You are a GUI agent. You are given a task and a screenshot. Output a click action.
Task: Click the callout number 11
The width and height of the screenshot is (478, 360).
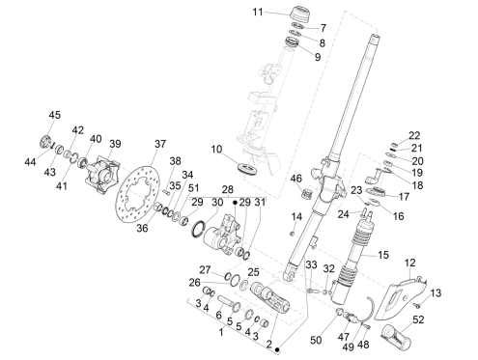257,12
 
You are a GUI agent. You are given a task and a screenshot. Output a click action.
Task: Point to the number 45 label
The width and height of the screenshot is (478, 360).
53,116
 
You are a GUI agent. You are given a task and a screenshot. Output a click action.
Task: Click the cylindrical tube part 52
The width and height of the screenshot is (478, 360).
401,339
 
